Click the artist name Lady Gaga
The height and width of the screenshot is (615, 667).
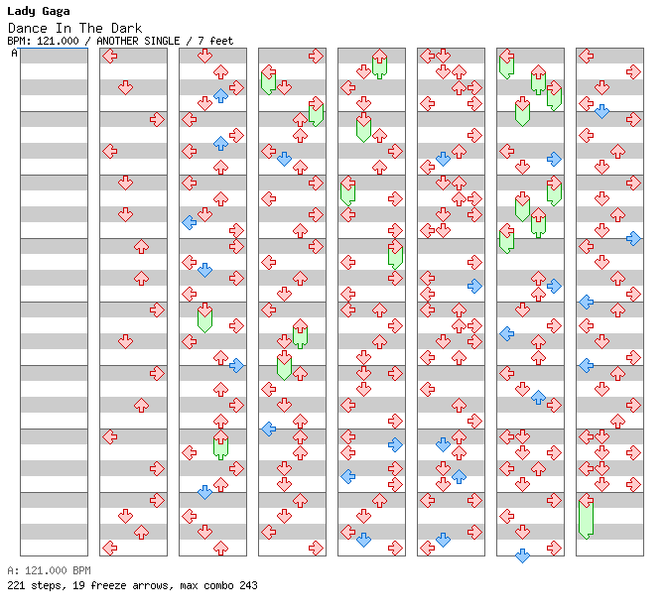coord(39,11)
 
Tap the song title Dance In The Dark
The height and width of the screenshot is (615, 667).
coord(74,28)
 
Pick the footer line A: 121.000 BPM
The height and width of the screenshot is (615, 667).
coord(49,571)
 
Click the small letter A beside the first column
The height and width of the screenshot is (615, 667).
coord(14,54)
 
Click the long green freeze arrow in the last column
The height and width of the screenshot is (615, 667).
coord(586,517)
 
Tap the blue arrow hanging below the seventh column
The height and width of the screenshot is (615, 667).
coord(522,555)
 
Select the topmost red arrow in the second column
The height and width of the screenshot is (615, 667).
coord(110,56)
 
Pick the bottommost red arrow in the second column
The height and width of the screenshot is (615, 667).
coord(110,548)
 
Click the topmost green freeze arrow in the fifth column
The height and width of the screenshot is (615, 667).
coord(379,63)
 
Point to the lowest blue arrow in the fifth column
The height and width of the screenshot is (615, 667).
coord(363,540)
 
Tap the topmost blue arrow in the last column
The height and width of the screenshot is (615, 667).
coord(601,111)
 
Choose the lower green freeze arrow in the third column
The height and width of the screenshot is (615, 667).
coord(220,444)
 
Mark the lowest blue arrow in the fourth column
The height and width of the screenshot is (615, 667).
coord(268,429)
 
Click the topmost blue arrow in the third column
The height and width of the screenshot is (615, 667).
coord(220,95)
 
